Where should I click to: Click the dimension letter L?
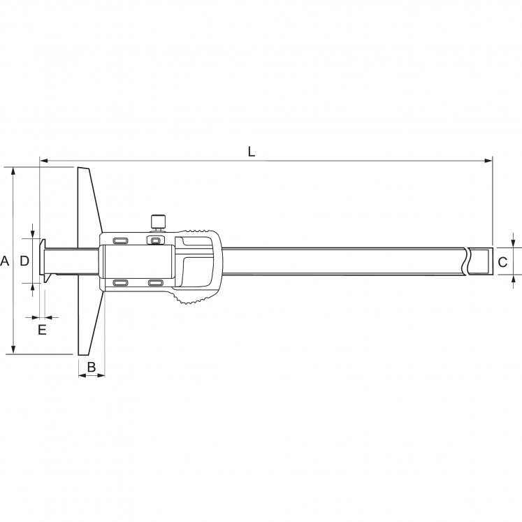point(252,150)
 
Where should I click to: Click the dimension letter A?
point(5,261)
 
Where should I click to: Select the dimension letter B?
point(91,366)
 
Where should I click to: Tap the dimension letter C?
point(502,262)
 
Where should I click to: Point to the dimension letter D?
point(24,261)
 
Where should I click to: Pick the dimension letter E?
point(42,329)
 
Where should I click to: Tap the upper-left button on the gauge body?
point(120,240)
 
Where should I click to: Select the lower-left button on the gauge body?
point(120,283)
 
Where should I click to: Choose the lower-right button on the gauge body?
point(155,283)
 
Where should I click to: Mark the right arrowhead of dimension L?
point(488,161)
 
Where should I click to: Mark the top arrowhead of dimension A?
point(13,172)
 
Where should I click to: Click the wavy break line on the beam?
point(466,261)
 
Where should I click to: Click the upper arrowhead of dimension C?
point(514,242)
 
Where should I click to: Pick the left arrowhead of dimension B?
point(81,376)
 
